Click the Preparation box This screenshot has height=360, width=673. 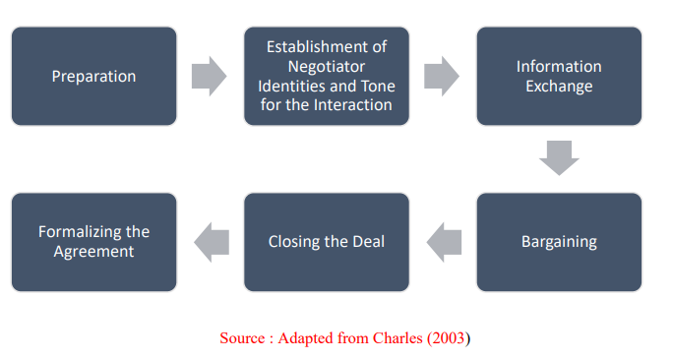[x=94, y=76]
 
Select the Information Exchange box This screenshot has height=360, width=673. [x=559, y=76]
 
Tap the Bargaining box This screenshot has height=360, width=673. [x=559, y=241]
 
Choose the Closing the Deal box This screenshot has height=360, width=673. [x=327, y=241]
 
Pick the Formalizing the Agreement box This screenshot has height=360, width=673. [x=94, y=241]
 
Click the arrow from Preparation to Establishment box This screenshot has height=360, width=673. [x=209, y=76]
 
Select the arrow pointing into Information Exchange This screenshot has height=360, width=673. [x=442, y=76]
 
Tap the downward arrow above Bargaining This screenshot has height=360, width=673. [x=559, y=157]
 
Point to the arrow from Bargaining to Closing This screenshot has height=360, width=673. [x=444, y=241]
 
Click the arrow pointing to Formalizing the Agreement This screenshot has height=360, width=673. [x=211, y=241]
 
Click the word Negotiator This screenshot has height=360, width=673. [x=327, y=66]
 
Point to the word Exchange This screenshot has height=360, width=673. [x=559, y=86]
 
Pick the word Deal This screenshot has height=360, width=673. [x=367, y=241]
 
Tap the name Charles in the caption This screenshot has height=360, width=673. [x=396, y=337]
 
